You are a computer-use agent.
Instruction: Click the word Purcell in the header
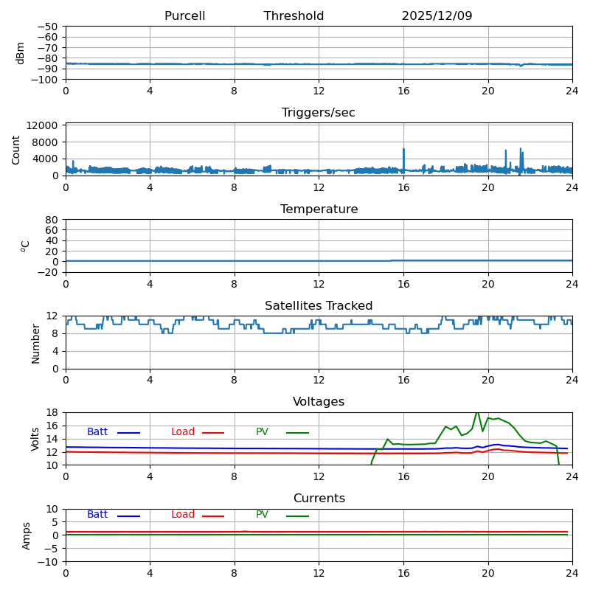click(x=184, y=16)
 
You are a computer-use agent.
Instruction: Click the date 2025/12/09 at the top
click(x=437, y=16)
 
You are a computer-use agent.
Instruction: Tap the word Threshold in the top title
click(x=294, y=16)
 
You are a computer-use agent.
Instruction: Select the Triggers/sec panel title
click(x=319, y=113)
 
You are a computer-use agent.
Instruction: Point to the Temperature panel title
click(x=319, y=209)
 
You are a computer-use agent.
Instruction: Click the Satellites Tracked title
click(x=319, y=306)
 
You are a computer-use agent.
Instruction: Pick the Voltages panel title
click(x=319, y=402)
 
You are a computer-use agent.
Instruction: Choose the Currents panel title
click(x=319, y=499)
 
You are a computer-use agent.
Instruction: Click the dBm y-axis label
click(x=21, y=52)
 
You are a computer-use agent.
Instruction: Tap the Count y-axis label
click(x=16, y=149)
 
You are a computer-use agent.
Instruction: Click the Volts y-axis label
click(x=35, y=439)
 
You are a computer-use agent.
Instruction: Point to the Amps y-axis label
click(x=27, y=535)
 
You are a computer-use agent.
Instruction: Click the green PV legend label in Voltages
click(x=262, y=432)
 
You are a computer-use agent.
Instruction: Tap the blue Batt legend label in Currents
click(x=97, y=515)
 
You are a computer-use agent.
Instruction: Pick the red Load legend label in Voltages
click(x=183, y=432)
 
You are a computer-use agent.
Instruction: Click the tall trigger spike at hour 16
click(x=403, y=150)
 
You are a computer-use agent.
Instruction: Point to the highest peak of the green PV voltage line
click(x=477, y=413)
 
